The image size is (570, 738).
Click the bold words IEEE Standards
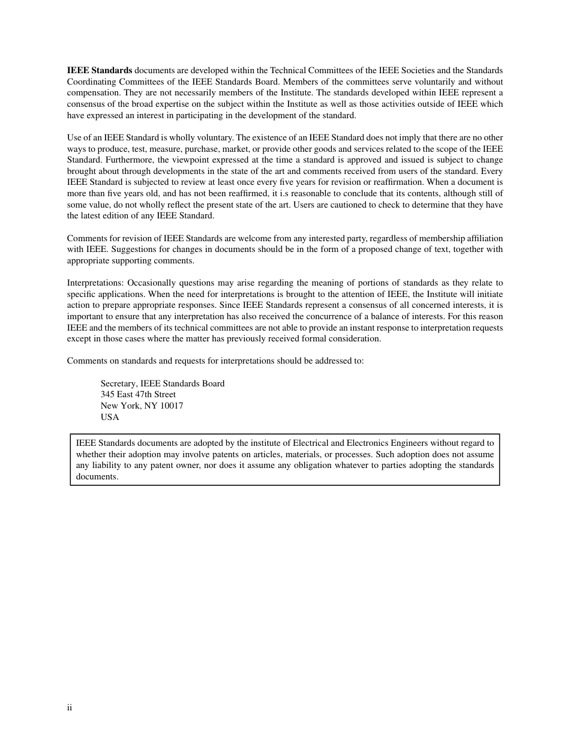100,71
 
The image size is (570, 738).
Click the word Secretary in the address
118,384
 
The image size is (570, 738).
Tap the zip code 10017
172,406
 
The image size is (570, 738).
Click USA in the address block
110,418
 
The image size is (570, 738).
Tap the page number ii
70,708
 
